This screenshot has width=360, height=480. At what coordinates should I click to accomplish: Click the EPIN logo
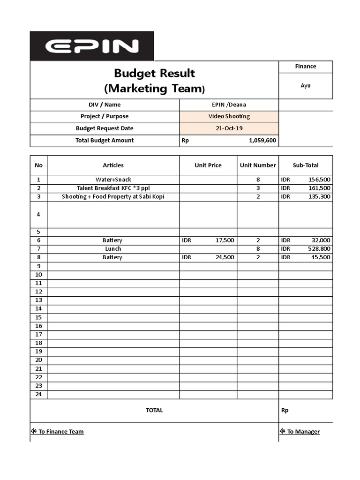click(92, 46)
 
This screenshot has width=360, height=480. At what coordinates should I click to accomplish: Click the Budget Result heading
click(154, 74)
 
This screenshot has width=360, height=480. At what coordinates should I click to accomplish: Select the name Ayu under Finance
click(306, 86)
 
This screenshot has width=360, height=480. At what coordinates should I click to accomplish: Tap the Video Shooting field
click(229, 116)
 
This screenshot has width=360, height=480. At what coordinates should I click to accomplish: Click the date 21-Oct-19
click(229, 128)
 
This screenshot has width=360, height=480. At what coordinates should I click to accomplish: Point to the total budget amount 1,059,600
click(262, 140)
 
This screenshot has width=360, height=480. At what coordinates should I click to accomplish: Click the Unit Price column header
click(208, 165)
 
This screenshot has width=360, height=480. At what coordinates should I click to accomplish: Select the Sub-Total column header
click(306, 165)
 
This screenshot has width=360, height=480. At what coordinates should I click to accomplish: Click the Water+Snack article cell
click(113, 180)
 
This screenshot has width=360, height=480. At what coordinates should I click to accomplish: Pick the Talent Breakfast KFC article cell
click(113, 188)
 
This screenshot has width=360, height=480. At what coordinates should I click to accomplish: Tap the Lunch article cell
click(113, 249)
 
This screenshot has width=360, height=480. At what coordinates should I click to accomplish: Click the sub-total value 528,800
click(319, 249)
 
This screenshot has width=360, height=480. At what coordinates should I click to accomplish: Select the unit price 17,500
click(225, 240)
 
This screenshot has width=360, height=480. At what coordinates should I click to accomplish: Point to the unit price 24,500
click(225, 257)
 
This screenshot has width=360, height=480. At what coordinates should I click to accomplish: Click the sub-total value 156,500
click(319, 180)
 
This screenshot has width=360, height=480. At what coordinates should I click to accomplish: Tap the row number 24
click(38, 394)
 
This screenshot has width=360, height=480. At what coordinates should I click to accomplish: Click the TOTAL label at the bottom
click(154, 410)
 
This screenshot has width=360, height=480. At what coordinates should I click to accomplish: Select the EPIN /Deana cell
click(229, 105)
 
